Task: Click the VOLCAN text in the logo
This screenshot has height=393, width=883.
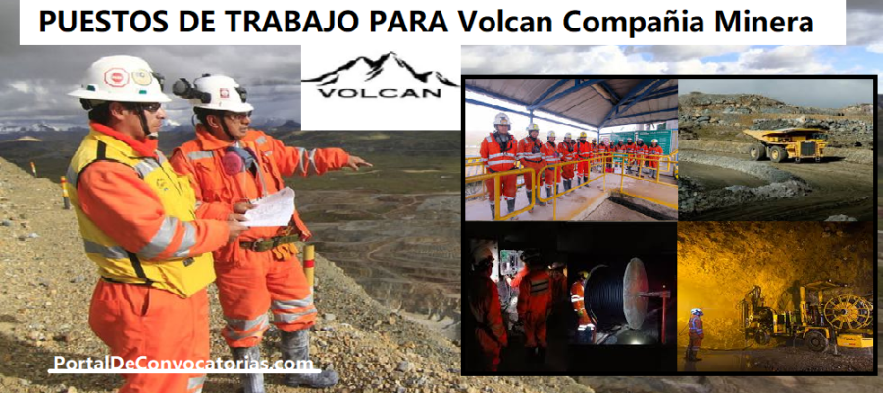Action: tap(379, 92)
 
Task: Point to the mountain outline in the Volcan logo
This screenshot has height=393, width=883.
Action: tap(379, 68)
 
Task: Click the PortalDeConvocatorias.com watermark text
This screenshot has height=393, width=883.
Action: tap(184, 365)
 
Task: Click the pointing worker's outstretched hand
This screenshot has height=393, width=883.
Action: tap(357, 163)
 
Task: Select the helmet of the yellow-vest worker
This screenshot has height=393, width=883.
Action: tap(119, 80)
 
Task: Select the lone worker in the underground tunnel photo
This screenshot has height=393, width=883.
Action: tap(696, 334)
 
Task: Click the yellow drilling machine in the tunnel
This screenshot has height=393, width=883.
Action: tap(805, 315)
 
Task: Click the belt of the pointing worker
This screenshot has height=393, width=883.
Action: tap(271, 242)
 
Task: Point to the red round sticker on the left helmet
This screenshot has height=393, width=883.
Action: tap(116, 77)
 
